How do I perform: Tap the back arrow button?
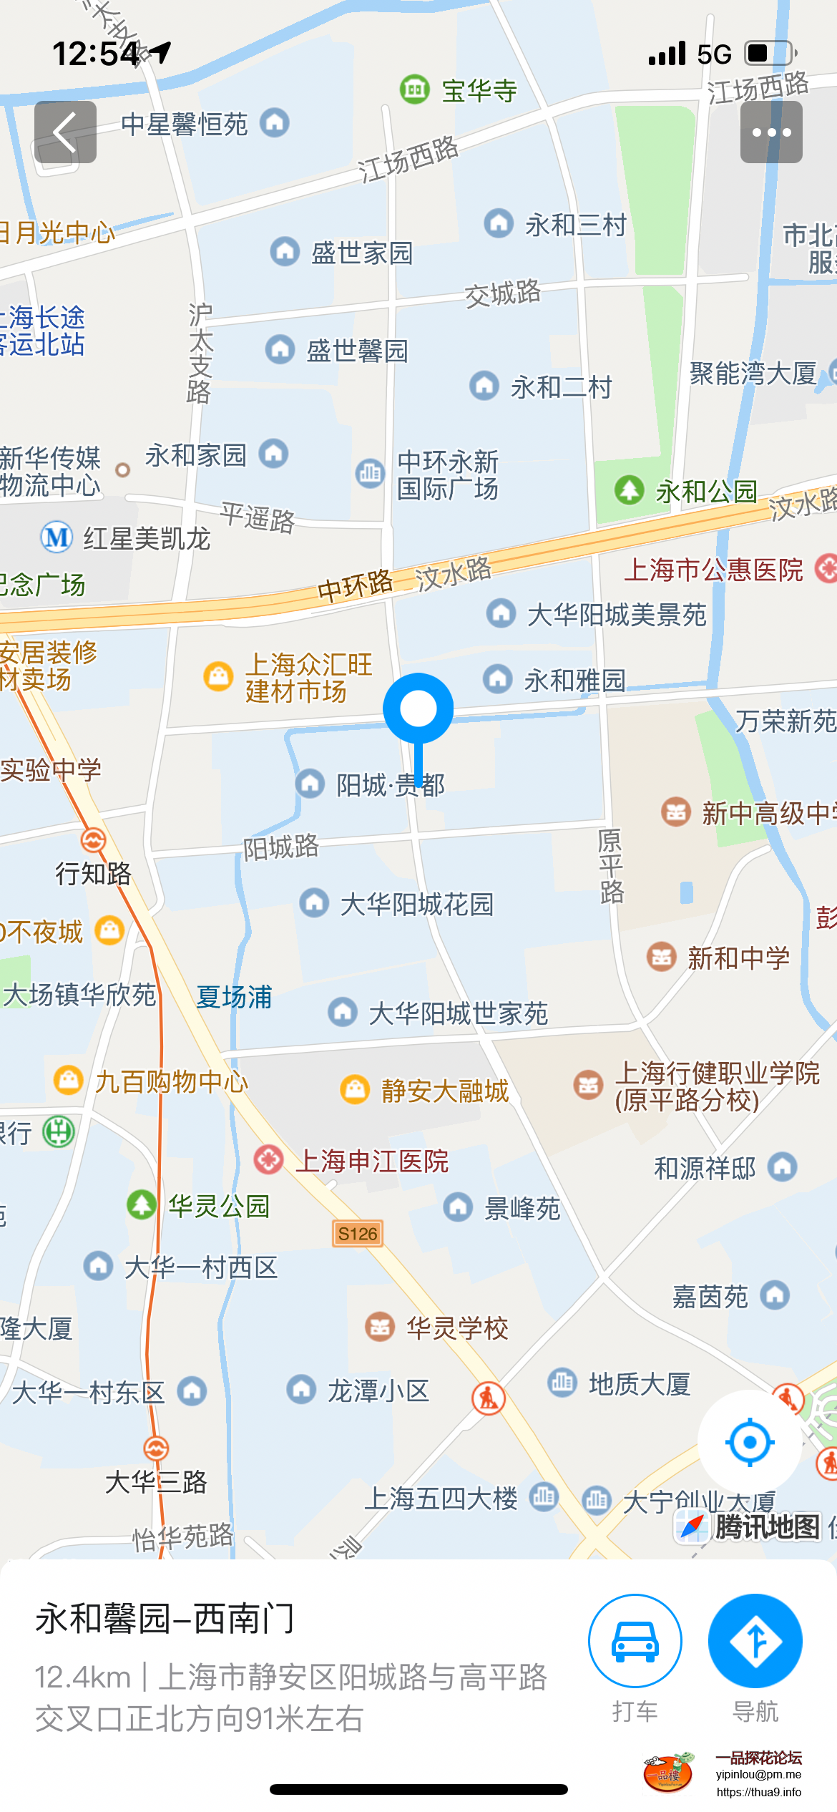pyautogui.click(x=65, y=132)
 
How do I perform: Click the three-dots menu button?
pyautogui.click(x=770, y=132)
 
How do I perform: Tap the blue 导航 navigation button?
pyautogui.click(x=755, y=1640)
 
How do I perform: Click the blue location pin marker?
pyautogui.click(x=418, y=709)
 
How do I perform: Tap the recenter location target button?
pyautogui.click(x=749, y=1442)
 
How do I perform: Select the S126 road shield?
pyautogui.click(x=358, y=1234)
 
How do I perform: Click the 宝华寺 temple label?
pyautogui.click(x=479, y=91)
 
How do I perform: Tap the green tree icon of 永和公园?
pyautogui.click(x=630, y=490)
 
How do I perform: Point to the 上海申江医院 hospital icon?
pyautogui.click(x=269, y=1159)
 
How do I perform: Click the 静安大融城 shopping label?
pyautogui.click(x=444, y=1091)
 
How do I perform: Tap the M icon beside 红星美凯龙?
pyautogui.click(x=57, y=537)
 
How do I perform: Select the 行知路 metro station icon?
pyautogui.click(x=93, y=840)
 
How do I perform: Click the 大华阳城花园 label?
pyautogui.click(x=416, y=905)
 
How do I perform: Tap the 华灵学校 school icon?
pyautogui.click(x=380, y=1328)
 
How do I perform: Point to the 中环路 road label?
pyautogui.click(x=355, y=586)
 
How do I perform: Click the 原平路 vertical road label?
pyautogui.click(x=611, y=866)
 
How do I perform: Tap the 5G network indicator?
pyautogui.click(x=714, y=54)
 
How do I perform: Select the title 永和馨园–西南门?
pyautogui.click(x=165, y=1619)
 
